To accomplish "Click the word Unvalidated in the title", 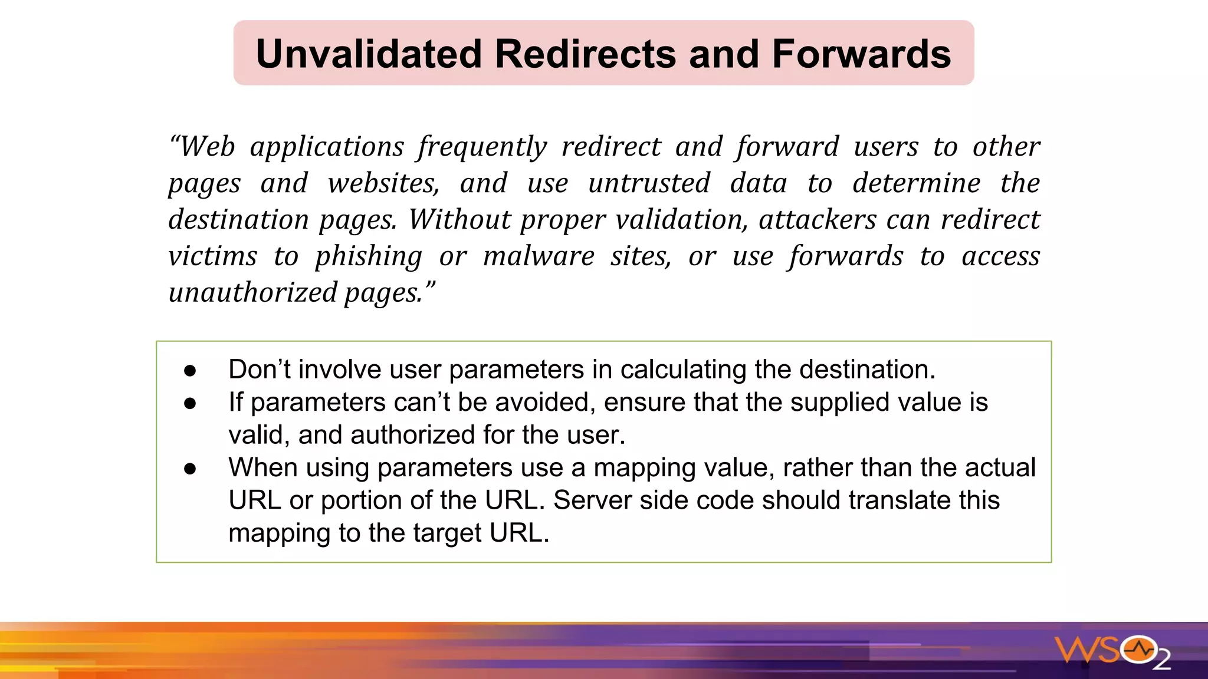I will point(370,54).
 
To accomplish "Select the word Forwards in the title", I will point(861,54).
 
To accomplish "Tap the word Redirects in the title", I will point(585,54).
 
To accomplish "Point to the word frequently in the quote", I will point(482,147).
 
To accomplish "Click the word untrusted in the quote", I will point(649,183).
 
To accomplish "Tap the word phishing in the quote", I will point(369,257).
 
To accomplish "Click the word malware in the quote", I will point(539,256).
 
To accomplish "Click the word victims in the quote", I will point(212,256).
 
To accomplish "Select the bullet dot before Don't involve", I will point(190,371).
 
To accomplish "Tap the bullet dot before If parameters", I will point(190,403).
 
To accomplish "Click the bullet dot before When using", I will point(190,469).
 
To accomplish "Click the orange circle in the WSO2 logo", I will point(1139,650).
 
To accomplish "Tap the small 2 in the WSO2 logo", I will point(1161,660).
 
